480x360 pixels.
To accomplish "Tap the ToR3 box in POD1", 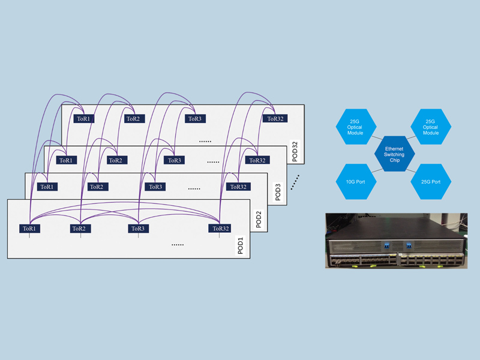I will [x=137, y=229].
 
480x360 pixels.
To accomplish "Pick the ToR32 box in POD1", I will [x=220, y=229].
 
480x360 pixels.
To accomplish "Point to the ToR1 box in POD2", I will [x=46, y=187].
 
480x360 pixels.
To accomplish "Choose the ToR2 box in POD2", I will [x=96, y=187].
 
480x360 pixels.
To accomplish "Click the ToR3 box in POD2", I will [x=155, y=187].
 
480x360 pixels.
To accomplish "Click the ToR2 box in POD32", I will [x=133, y=119].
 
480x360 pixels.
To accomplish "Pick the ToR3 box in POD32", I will [x=194, y=119].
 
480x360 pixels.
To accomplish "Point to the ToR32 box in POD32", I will [x=275, y=119].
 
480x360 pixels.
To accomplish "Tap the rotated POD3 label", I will [x=278, y=190].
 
